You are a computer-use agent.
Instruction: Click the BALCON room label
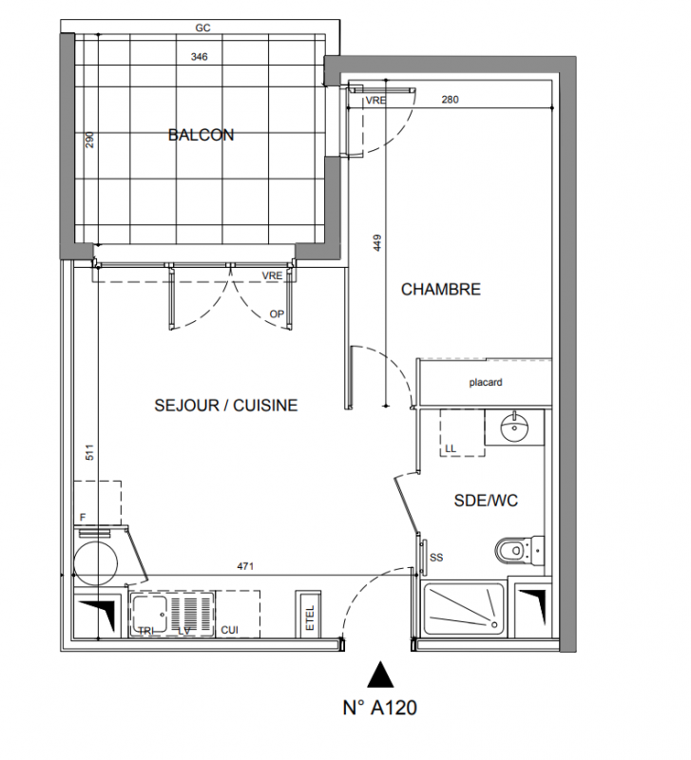(x=201, y=134)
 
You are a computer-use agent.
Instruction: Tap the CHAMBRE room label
(x=441, y=290)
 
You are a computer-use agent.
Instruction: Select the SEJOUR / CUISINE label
(x=226, y=406)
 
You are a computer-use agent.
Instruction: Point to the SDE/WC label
(x=486, y=501)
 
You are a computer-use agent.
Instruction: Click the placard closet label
(x=486, y=383)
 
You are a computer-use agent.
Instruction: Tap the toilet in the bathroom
(x=519, y=551)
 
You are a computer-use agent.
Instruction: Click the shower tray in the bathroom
(x=464, y=609)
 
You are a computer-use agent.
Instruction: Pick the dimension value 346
(x=199, y=57)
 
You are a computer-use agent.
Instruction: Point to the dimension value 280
(x=450, y=100)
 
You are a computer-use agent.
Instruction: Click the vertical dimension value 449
(x=377, y=243)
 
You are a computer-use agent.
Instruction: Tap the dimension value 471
(x=245, y=565)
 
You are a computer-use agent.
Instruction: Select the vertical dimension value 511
(x=89, y=452)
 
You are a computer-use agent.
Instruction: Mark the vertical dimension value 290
(x=89, y=140)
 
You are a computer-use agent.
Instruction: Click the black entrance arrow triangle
(x=380, y=674)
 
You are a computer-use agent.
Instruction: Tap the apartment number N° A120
(x=379, y=708)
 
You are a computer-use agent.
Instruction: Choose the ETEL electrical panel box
(x=308, y=615)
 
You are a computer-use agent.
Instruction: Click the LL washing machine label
(x=451, y=448)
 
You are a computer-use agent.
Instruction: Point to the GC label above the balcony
(x=202, y=28)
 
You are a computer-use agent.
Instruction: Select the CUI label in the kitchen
(x=229, y=630)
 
